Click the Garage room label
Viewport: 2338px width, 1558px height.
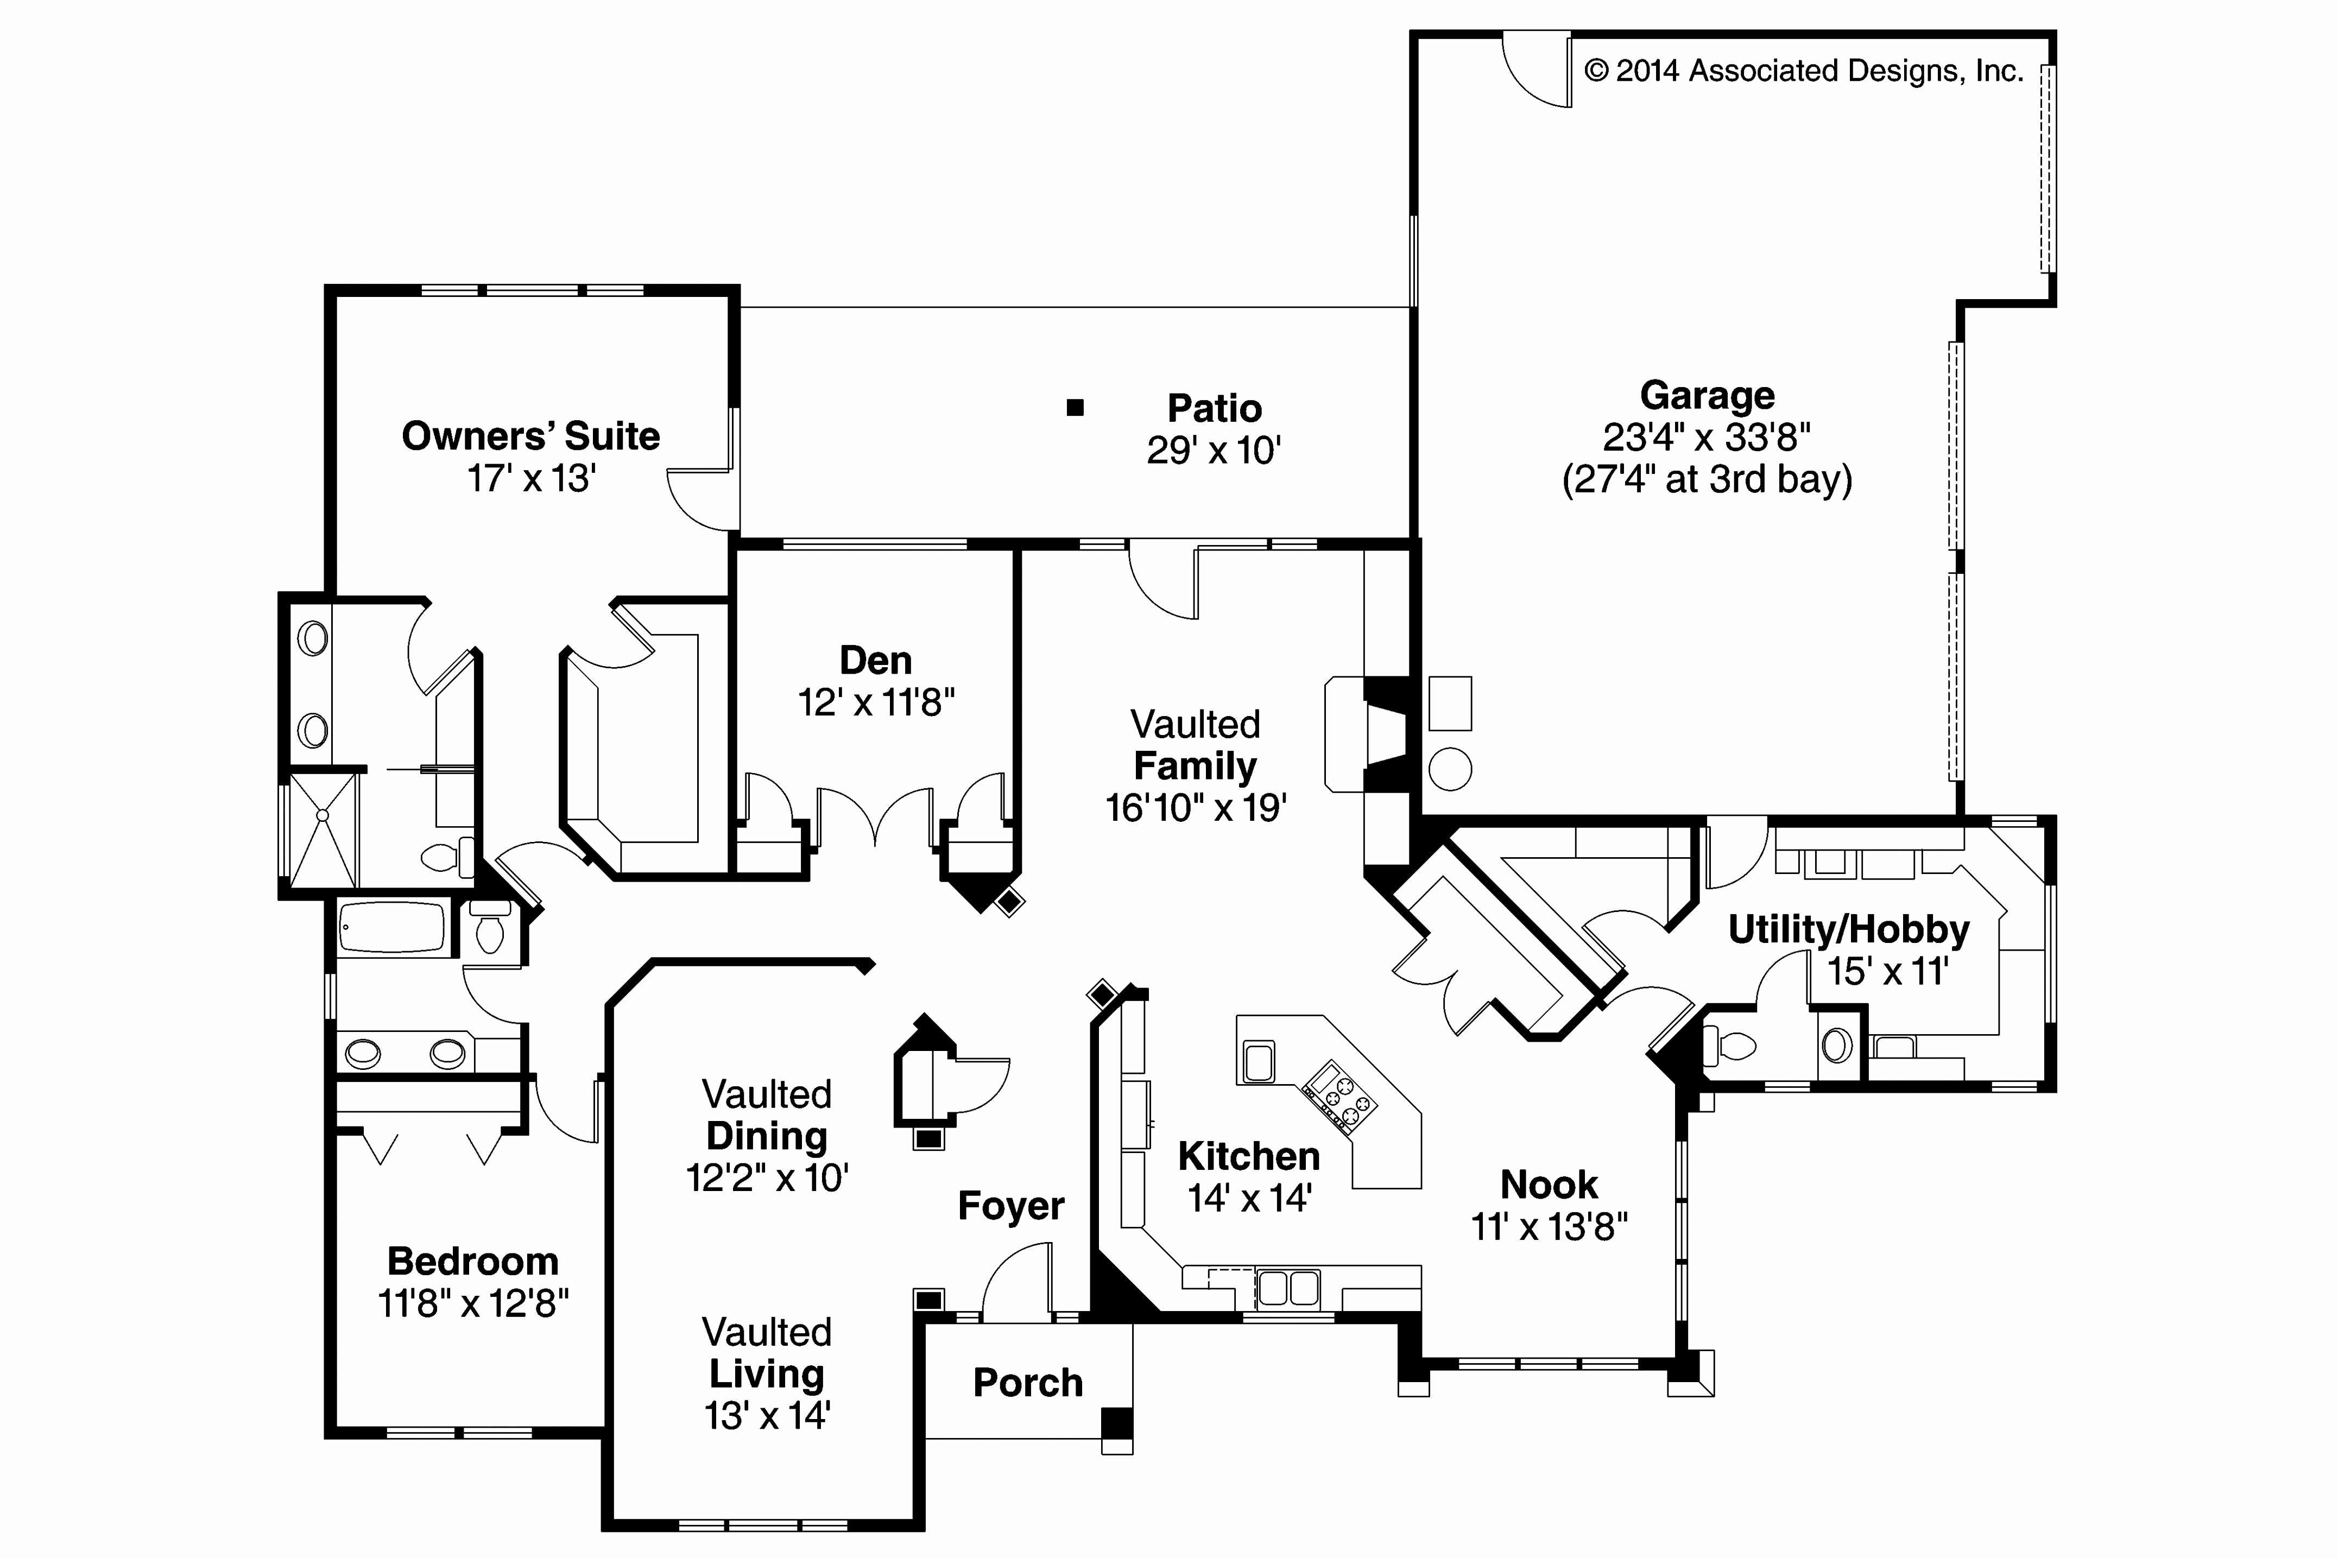point(1706,395)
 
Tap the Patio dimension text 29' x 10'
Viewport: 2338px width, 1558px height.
point(1213,451)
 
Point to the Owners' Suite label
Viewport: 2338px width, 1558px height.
point(530,436)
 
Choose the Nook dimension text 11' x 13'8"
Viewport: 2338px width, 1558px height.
point(1548,1227)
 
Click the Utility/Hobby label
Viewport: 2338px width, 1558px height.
point(1848,930)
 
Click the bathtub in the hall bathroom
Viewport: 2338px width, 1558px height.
point(394,928)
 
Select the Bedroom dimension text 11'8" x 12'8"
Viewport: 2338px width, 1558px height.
point(473,1303)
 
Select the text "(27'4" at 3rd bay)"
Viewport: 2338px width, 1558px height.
point(1706,480)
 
